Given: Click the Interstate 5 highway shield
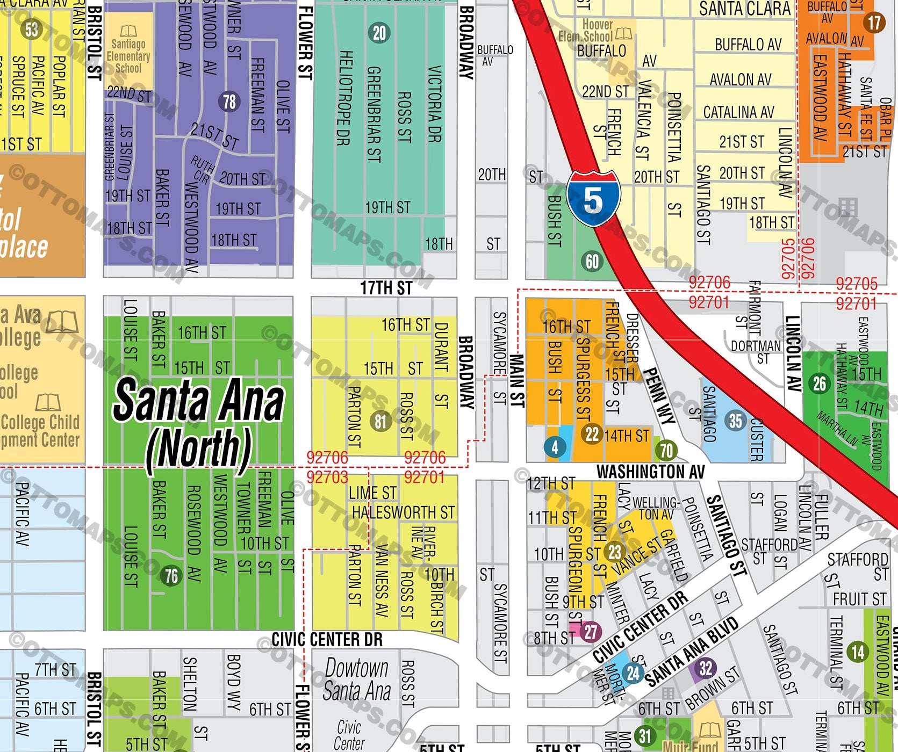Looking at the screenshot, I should (593, 198).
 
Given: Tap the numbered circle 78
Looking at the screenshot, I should (229, 102).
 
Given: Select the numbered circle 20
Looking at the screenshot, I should (379, 33).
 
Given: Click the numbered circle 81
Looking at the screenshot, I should (380, 421).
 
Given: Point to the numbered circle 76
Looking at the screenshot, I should (171, 576).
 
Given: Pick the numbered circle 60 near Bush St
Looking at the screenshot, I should (592, 262).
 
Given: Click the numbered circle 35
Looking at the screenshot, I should (736, 421).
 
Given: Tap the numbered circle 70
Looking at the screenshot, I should (666, 450).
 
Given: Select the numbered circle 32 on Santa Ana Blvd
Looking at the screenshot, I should (706, 669).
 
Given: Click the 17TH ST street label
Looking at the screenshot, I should (386, 288).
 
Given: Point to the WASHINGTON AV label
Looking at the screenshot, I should (650, 472).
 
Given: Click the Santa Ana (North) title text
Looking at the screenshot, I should (198, 424).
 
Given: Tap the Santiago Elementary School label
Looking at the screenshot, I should (128, 50).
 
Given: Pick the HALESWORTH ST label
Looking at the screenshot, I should (403, 512).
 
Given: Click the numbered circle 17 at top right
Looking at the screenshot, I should (874, 23).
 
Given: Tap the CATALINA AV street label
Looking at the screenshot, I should (738, 112).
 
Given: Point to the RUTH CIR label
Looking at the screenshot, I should (201, 169).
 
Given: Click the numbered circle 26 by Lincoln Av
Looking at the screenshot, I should (820, 384).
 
